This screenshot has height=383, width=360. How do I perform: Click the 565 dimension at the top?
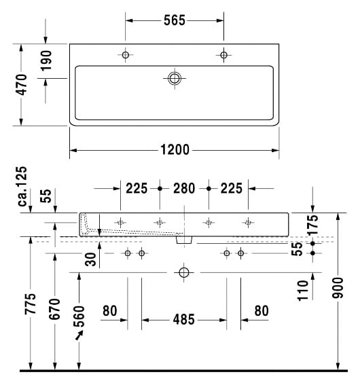tap(175, 20)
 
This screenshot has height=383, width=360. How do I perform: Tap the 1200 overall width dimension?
tap(175, 149)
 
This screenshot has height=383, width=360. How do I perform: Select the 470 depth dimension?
tap(22, 84)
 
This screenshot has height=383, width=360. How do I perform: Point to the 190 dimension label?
tap(46, 60)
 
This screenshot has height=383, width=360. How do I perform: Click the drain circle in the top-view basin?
tap(175, 78)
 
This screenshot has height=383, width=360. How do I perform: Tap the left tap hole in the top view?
tap(126, 55)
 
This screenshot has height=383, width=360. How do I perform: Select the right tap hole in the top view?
tap(223, 55)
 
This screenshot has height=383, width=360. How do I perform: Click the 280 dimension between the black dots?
tap(184, 188)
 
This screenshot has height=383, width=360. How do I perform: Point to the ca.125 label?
tap(22, 186)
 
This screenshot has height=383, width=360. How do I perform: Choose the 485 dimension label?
tap(184, 319)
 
